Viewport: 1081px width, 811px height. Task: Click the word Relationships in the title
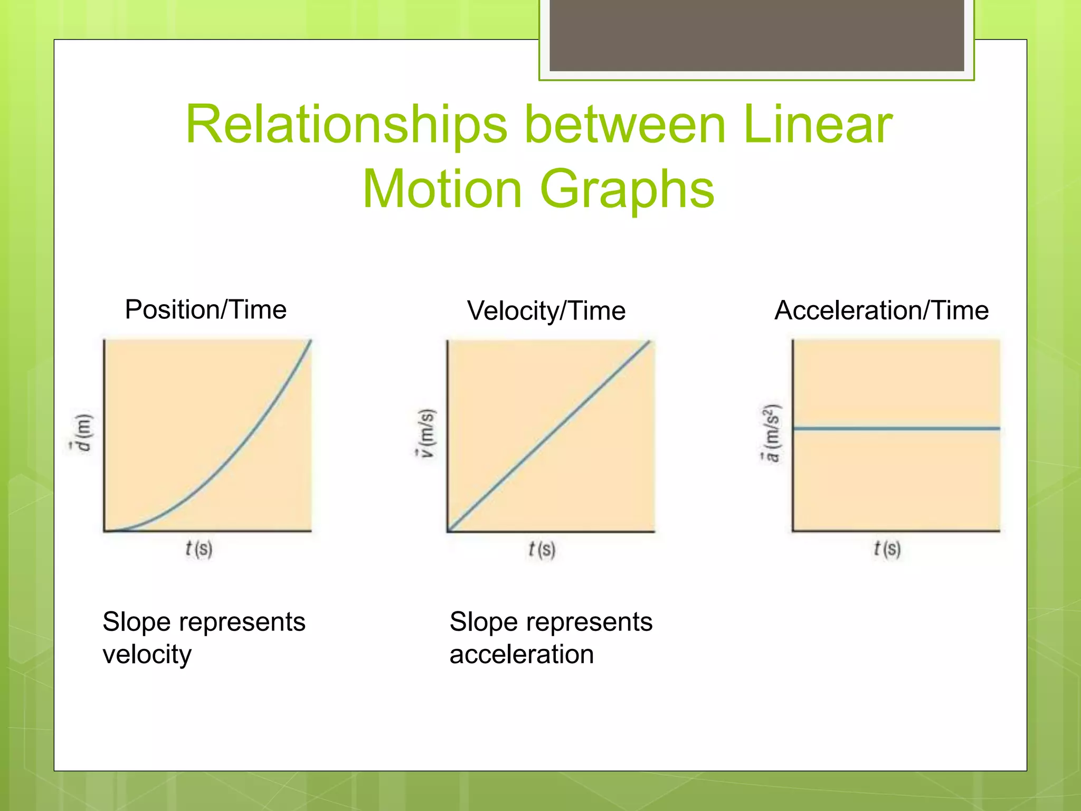coord(346,125)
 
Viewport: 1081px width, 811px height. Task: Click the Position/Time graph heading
coord(205,309)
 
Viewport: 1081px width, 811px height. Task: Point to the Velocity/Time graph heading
coord(546,310)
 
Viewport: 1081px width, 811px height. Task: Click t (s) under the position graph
coord(199,549)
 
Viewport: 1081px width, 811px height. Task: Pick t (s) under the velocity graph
coord(542,550)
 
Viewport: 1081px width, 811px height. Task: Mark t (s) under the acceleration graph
coord(887,549)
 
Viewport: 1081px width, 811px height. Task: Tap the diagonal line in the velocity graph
coord(549,436)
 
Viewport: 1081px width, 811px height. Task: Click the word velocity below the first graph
coord(147,655)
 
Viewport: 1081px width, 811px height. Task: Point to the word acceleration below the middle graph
coord(521,655)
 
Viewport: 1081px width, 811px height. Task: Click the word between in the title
coord(625,125)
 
